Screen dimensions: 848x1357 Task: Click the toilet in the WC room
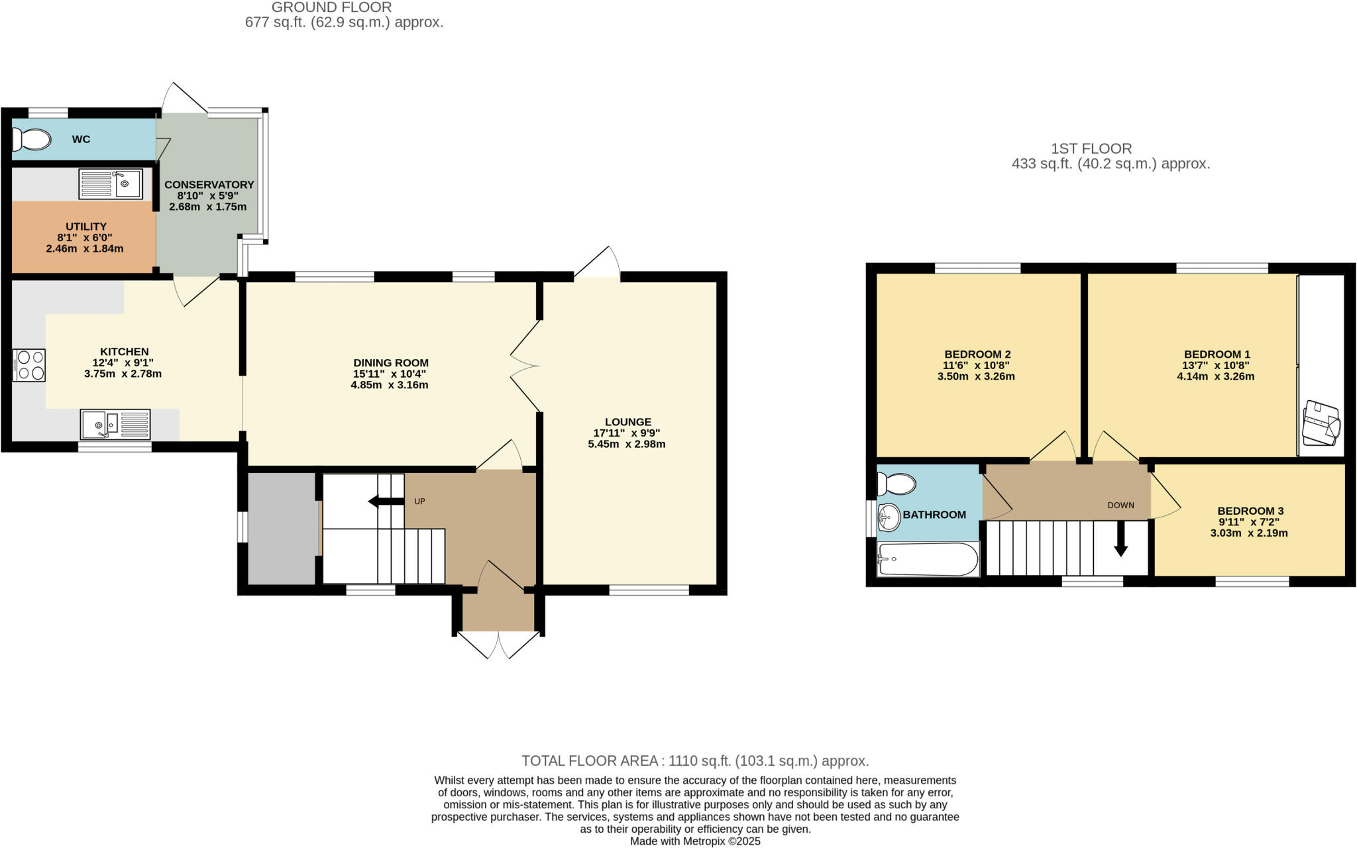tap(32, 139)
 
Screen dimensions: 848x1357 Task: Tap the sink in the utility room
tap(111, 184)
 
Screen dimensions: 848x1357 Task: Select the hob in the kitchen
tap(29, 365)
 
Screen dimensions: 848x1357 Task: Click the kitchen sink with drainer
tap(115, 425)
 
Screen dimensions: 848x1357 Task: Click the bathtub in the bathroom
tap(928, 559)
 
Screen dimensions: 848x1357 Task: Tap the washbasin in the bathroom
tap(889, 517)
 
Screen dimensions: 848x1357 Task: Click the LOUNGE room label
tap(627, 422)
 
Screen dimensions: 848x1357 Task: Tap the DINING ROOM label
tap(390, 363)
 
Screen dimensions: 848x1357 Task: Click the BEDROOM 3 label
tap(1250, 511)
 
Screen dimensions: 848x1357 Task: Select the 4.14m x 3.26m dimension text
tap(1215, 376)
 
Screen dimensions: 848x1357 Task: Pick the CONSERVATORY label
tap(209, 185)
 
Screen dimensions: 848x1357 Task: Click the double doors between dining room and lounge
tap(525, 366)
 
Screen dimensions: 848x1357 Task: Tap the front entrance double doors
tap(498, 644)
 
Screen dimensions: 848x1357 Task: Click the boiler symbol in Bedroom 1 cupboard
tap(1321, 424)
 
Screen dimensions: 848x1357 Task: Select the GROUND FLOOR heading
tap(331, 7)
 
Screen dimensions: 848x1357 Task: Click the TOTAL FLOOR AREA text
tap(694, 761)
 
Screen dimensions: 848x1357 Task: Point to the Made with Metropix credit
tap(694, 841)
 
